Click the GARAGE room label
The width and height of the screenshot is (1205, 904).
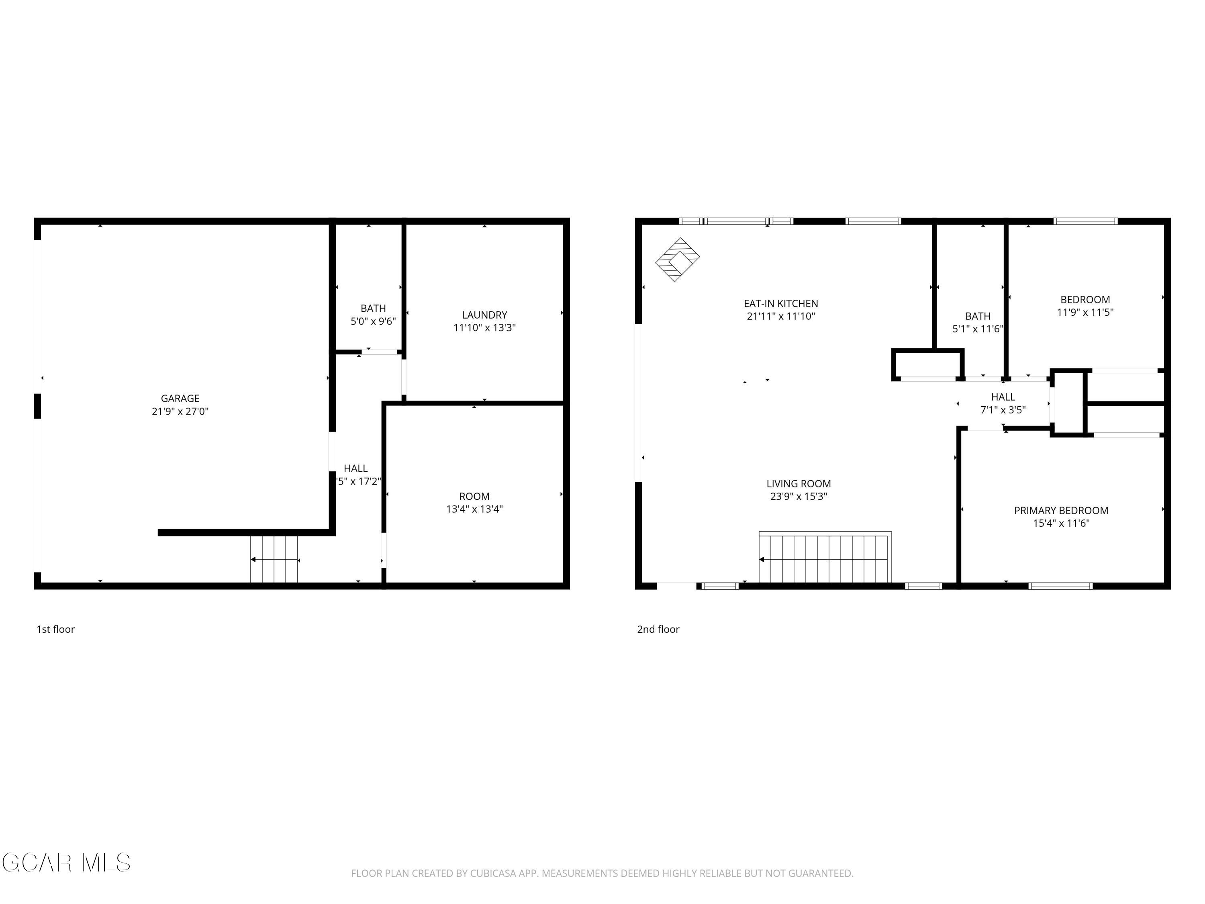(180, 398)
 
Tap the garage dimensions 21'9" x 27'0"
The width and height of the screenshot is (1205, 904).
(180, 411)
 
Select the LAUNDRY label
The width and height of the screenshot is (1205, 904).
(484, 315)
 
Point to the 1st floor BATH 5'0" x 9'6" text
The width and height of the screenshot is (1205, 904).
(373, 321)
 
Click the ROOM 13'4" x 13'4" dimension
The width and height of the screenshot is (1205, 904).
(474, 509)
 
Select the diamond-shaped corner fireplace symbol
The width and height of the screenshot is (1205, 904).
(677, 260)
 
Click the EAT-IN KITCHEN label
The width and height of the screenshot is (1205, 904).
(780, 303)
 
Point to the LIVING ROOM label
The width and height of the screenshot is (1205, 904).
(798, 483)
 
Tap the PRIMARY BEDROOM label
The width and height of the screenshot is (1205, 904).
(1061, 511)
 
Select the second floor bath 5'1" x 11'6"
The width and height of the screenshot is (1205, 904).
(977, 329)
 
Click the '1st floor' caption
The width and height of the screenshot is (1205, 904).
(55, 629)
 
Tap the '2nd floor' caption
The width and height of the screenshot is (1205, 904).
(658, 629)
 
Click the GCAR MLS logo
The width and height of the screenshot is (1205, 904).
(66, 863)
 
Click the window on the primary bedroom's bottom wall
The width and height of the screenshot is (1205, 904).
(1060, 586)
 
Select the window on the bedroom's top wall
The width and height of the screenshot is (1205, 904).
(1085, 221)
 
